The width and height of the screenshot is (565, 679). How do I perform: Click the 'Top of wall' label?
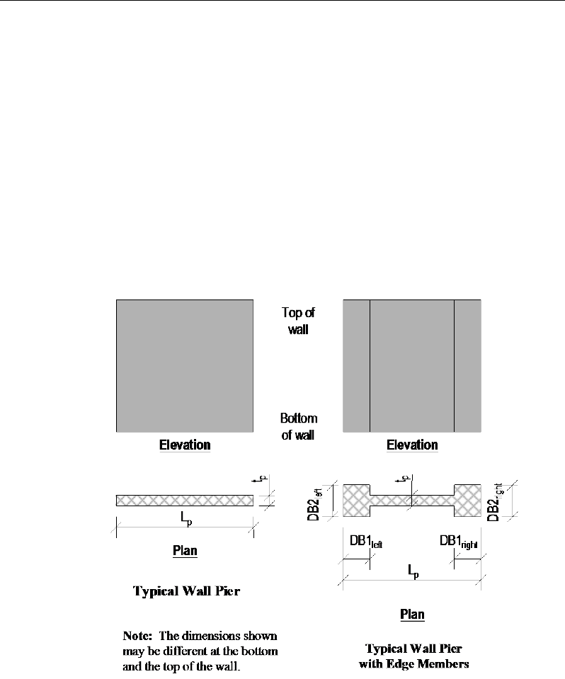(x=297, y=320)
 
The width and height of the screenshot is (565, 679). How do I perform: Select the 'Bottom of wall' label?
(x=298, y=427)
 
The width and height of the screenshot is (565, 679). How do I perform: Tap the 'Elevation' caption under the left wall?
(x=185, y=445)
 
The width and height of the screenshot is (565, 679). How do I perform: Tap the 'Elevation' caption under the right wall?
(x=412, y=445)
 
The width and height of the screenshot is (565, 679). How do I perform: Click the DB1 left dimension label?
(x=365, y=541)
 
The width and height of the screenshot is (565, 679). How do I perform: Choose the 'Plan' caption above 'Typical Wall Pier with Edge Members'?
(x=412, y=614)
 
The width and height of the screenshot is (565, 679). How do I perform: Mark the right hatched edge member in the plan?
(x=467, y=501)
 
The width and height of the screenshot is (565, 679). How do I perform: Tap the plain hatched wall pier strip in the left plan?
(x=185, y=501)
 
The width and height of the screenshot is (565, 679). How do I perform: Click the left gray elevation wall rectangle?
(x=185, y=365)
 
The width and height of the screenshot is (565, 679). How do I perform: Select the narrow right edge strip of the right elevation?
(x=467, y=365)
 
